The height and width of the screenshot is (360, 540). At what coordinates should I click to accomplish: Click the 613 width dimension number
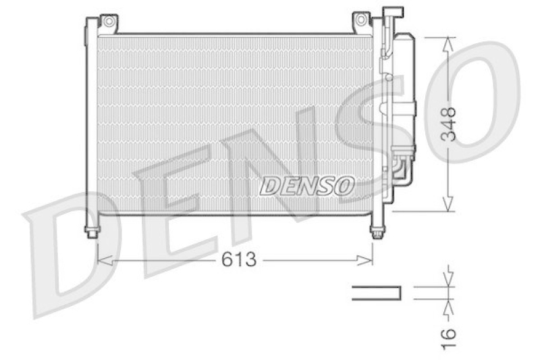coord(240,259)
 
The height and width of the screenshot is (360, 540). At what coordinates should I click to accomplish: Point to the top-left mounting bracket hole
coord(108,21)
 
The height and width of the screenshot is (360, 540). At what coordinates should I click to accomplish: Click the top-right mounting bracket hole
coord(361,20)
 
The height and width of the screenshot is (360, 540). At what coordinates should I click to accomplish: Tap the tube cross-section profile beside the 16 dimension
coord(376,292)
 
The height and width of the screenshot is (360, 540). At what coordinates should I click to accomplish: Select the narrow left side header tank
coord(90,122)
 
